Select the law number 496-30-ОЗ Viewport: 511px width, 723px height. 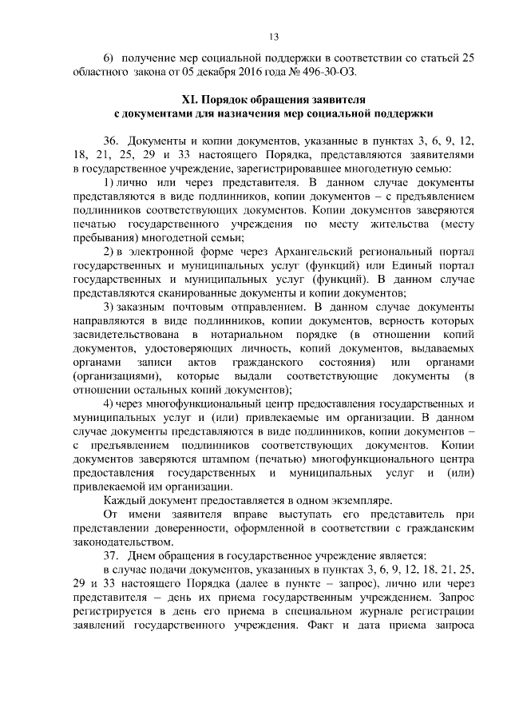(319, 71)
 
